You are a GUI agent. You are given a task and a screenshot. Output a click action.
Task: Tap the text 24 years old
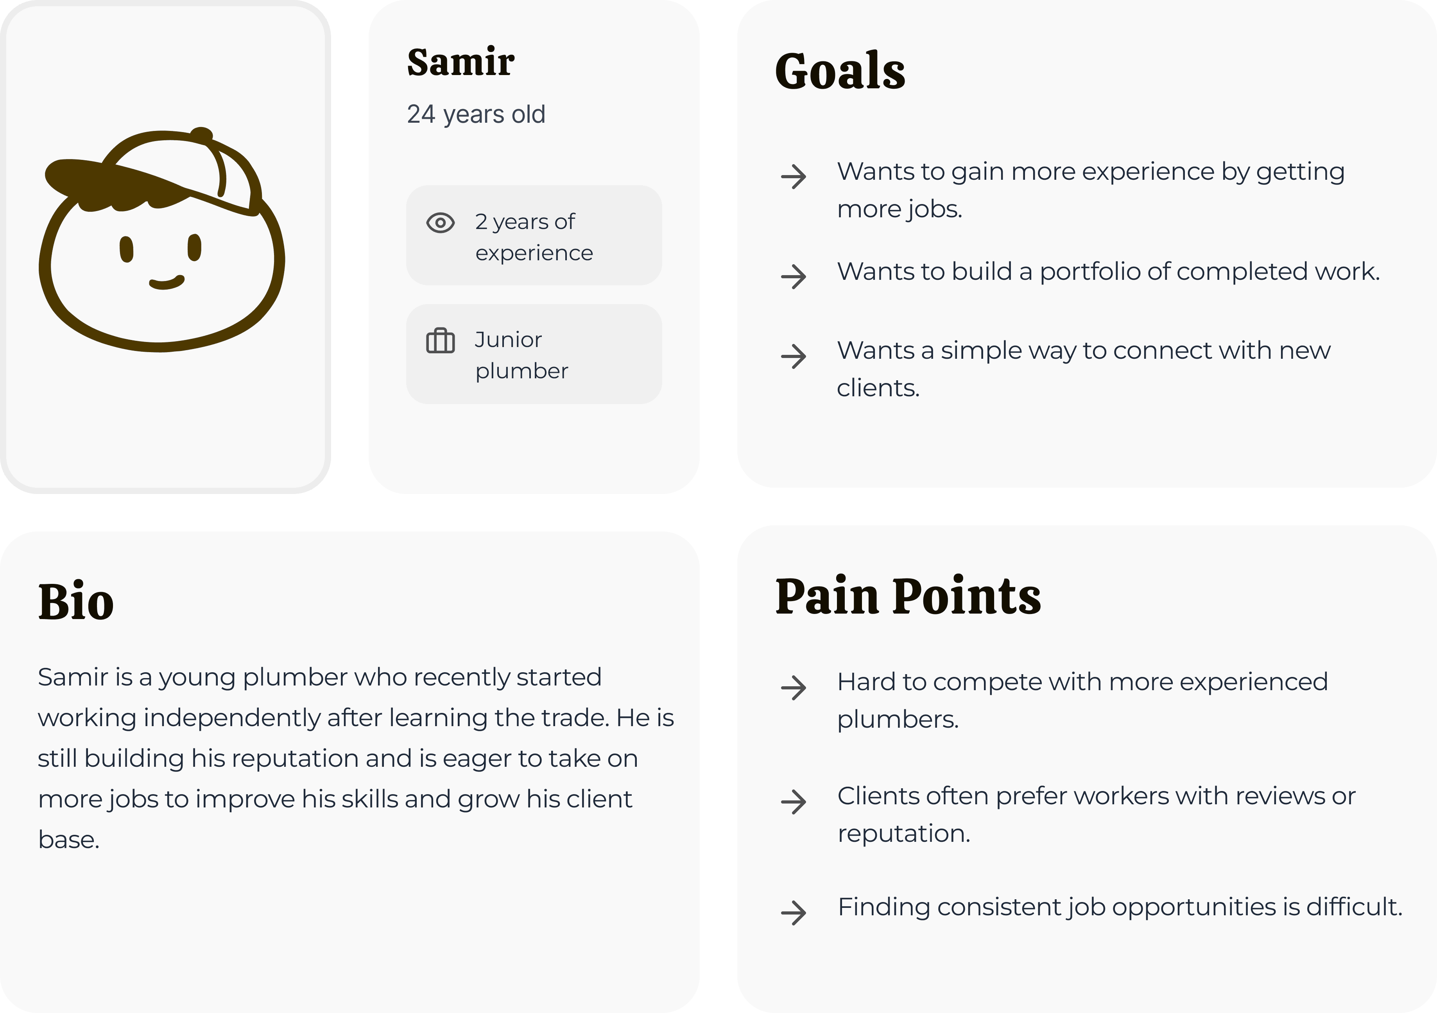[476, 115]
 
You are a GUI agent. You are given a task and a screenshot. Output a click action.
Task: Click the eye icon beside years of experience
[440, 223]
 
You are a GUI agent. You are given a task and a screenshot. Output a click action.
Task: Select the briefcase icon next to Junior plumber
[440, 341]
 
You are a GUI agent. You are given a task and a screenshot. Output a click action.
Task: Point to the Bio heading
[76, 601]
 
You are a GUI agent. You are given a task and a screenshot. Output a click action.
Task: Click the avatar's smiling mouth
[167, 283]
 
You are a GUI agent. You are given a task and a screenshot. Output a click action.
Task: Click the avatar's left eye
[126, 249]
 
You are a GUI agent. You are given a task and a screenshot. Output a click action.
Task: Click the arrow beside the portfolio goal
[794, 276]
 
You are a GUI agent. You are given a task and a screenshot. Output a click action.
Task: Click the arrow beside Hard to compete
[794, 687]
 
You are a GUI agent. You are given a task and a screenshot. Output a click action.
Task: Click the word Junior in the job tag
[507, 340]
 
